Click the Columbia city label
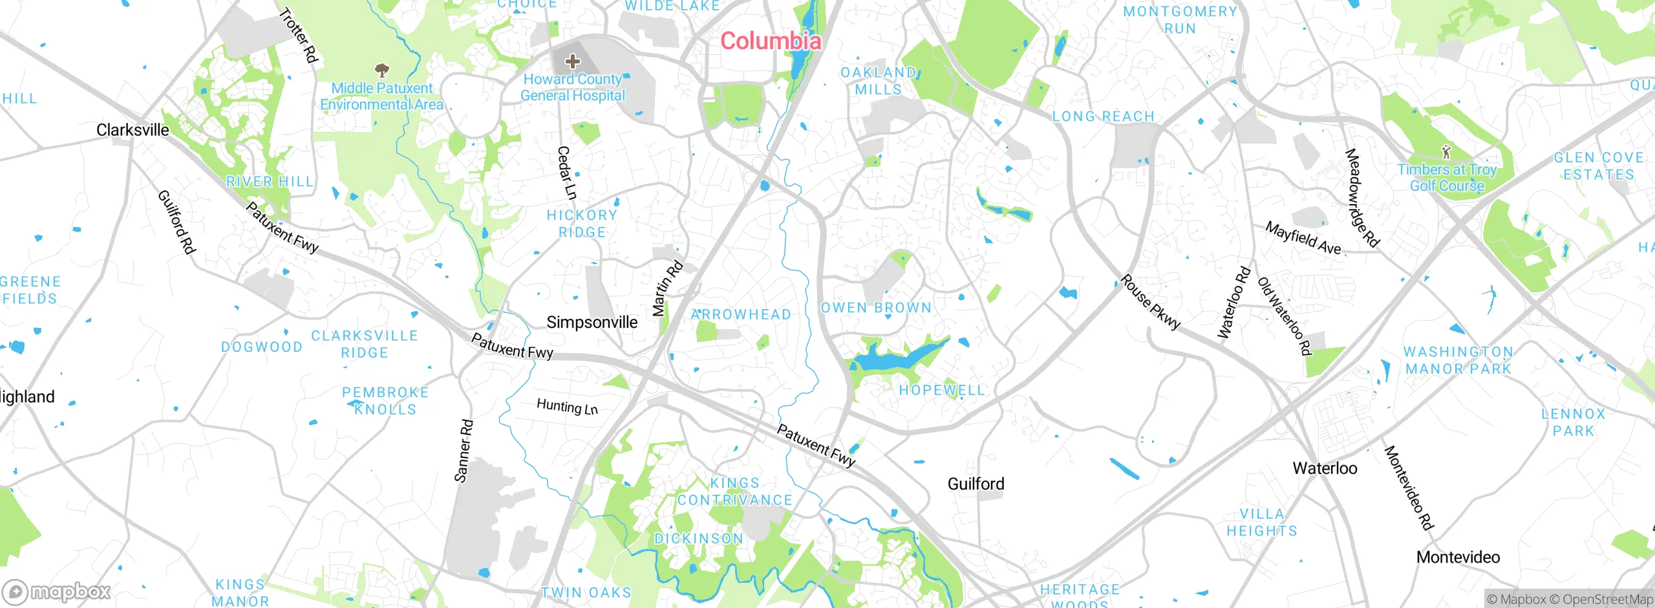(771, 41)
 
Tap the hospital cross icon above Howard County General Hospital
(572, 61)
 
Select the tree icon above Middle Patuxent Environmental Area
(382, 69)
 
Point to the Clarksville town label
(133, 130)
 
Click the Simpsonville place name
(592, 322)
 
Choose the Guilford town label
(976, 484)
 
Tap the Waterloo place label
(1325, 468)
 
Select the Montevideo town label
(1458, 557)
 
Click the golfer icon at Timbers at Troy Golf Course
(1446, 153)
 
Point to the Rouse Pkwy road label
(1150, 302)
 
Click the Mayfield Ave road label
(1303, 238)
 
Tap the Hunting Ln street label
(567, 406)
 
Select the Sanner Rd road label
(464, 451)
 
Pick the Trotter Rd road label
(299, 35)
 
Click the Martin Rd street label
(667, 288)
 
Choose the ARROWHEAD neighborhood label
(741, 314)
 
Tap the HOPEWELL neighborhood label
(941, 390)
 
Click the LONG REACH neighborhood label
(1103, 116)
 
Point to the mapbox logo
(57, 591)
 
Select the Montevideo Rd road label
(1409, 488)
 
